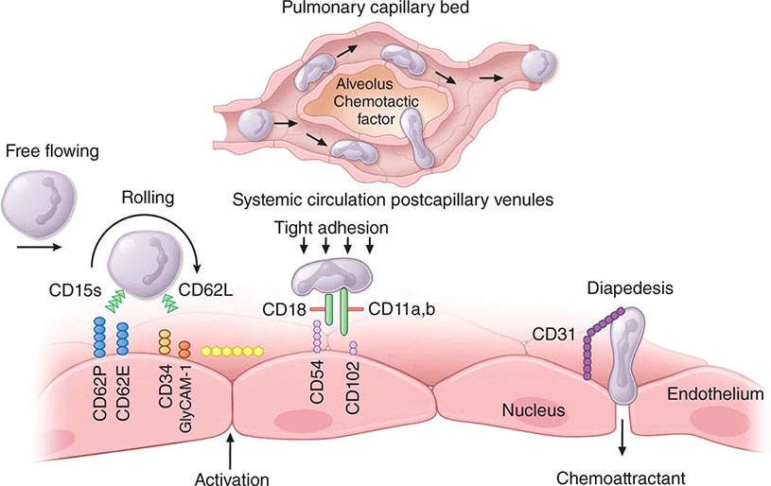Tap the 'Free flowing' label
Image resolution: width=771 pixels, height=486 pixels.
[x=46, y=151]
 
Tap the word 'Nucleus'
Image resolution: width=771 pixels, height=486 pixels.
[x=534, y=409]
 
